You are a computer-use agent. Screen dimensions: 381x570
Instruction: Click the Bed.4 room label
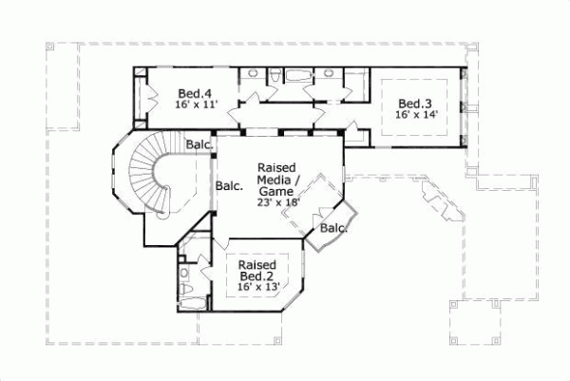(x=194, y=93)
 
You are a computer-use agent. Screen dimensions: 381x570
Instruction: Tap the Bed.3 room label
(x=415, y=104)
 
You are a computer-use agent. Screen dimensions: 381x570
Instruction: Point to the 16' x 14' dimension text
(x=415, y=115)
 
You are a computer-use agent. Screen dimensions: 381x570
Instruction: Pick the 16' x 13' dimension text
(x=257, y=288)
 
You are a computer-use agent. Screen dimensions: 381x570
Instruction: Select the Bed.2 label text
(x=256, y=276)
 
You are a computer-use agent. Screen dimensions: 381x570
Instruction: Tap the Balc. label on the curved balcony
(x=333, y=228)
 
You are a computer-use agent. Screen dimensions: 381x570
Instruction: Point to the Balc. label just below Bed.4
(x=199, y=144)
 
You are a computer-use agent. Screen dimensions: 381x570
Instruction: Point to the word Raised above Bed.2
(x=257, y=264)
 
